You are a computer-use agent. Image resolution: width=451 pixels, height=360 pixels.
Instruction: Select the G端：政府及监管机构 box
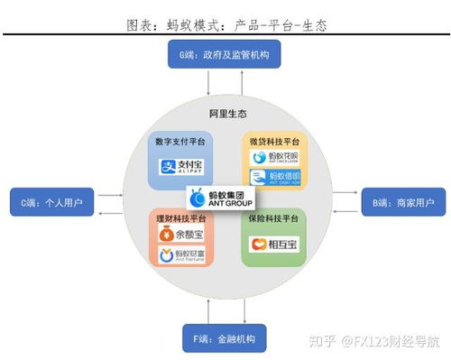pos(225,56)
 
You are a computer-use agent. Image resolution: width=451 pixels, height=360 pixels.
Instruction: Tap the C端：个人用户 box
pos(51,203)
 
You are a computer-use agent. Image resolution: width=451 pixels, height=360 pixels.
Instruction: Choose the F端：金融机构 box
pos(225,340)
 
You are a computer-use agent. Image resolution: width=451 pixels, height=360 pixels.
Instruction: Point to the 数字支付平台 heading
pos(181,141)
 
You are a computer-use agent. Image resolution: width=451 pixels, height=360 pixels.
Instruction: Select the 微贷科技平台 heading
pos(272,141)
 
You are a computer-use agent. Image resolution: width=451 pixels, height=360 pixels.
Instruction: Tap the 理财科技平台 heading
pos(181,219)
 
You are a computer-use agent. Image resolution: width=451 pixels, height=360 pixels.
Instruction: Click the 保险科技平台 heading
pos(272,219)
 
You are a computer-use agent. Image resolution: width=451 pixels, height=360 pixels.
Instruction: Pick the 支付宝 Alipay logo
pos(181,166)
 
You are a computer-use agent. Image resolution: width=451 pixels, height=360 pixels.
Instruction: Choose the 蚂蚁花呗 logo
pos(272,157)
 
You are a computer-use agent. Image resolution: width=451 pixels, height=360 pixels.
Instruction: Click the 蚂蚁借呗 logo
pos(272,177)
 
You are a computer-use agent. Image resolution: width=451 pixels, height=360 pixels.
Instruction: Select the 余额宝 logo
pos(181,236)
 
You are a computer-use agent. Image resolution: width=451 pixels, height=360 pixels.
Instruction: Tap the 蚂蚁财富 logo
pos(181,256)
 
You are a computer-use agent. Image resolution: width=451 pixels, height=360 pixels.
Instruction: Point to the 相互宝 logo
pos(272,244)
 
